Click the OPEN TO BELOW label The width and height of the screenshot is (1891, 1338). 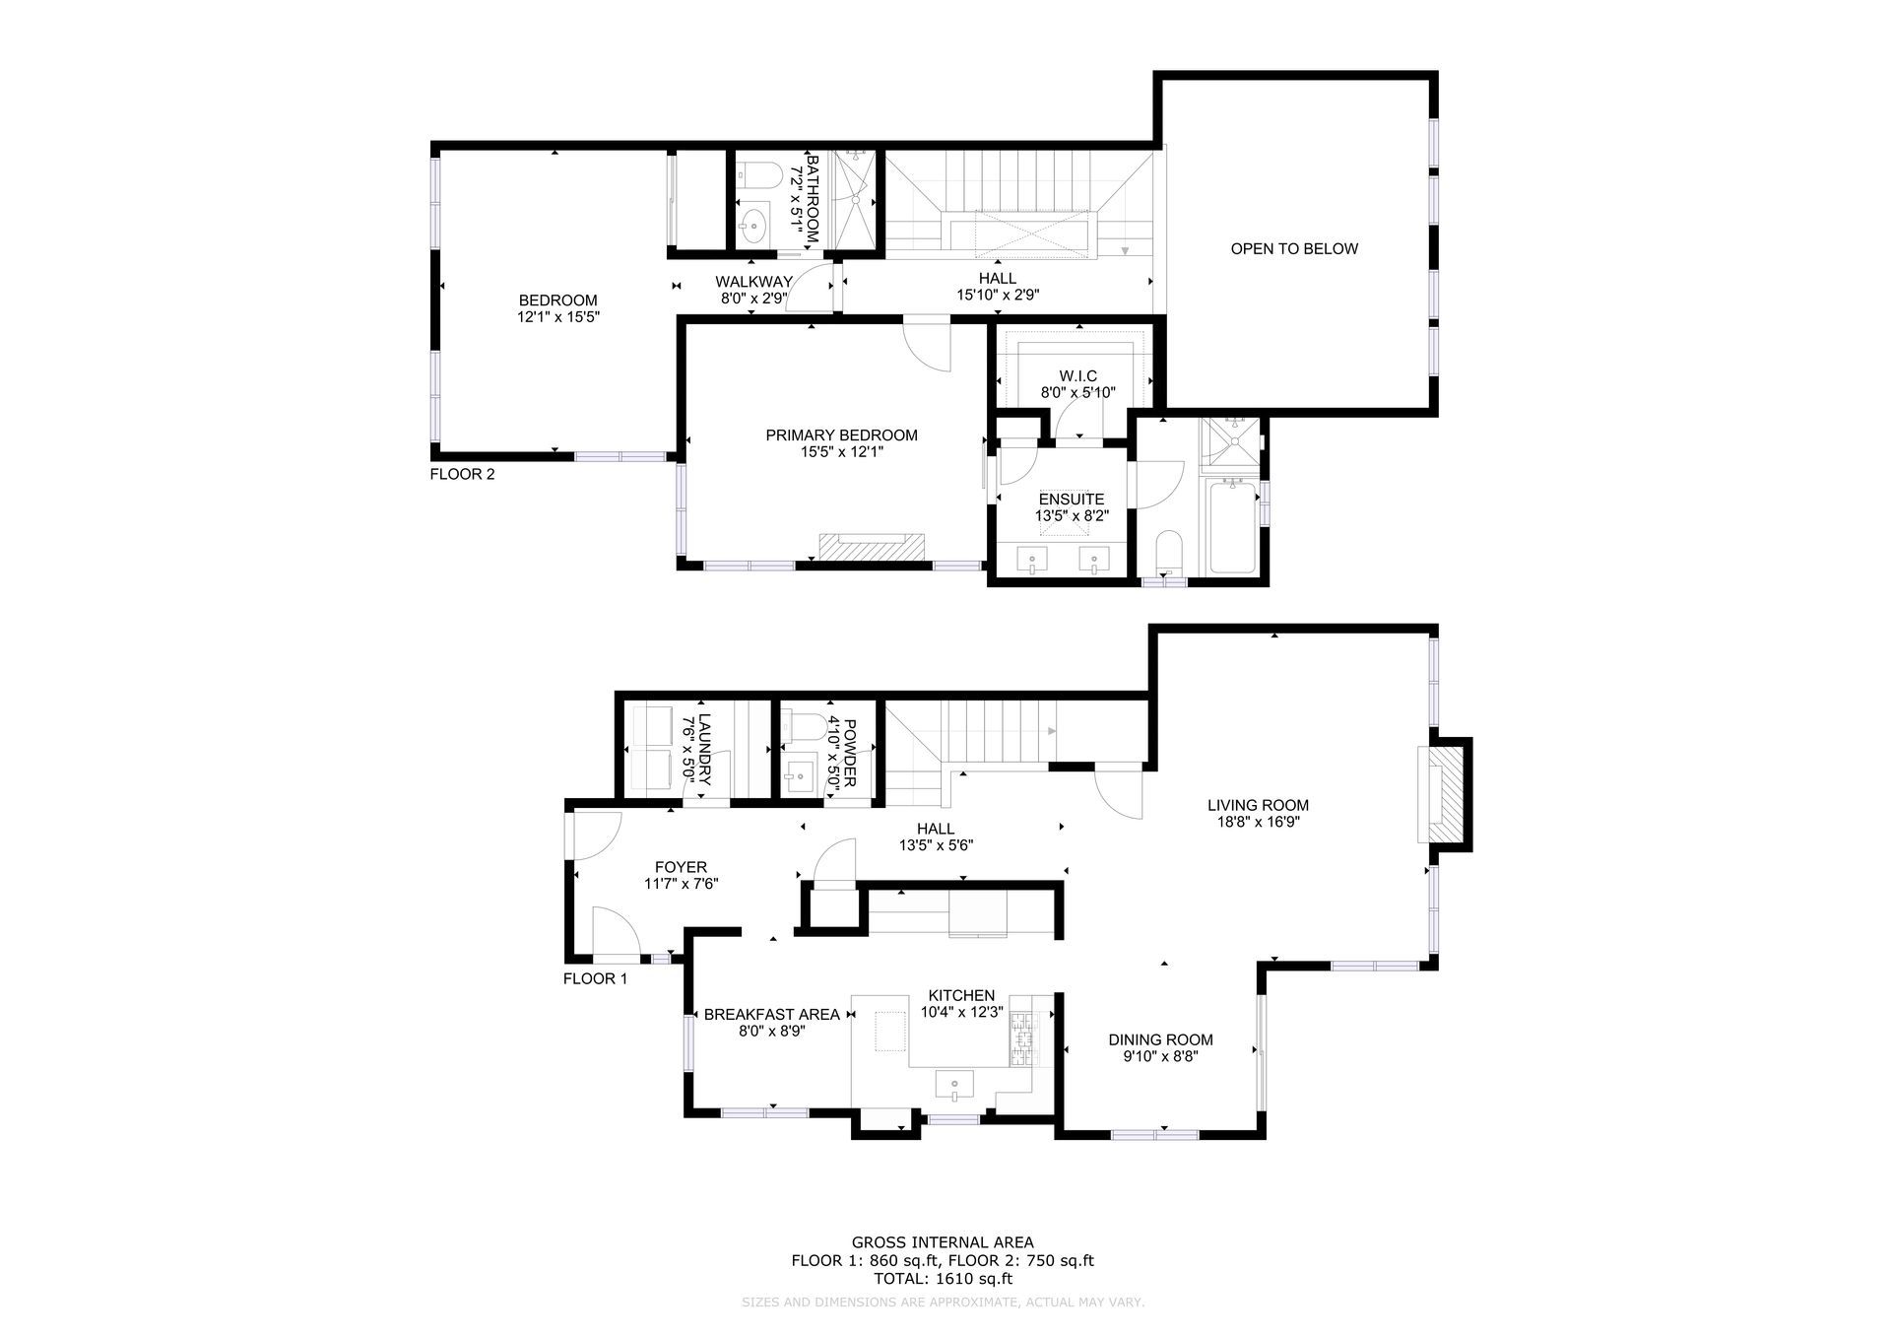(x=1294, y=249)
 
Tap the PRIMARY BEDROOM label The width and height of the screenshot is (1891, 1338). (x=842, y=435)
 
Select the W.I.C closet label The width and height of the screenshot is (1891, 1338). (x=1078, y=376)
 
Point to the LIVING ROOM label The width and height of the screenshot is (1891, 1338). (x=1258, y=805)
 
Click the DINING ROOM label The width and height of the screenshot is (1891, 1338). (x=1160, y=1039)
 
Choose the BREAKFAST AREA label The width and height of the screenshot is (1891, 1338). (x=772, y=1015)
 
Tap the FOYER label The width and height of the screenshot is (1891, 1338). (x=681, y=867)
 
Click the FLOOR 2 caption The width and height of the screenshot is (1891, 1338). (x=463, y=474)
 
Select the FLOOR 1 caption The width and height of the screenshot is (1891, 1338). (x=595, y=979)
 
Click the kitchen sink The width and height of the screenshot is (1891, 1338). (x=953, y=1087)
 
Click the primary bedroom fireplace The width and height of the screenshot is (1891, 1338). (x=873, y=546)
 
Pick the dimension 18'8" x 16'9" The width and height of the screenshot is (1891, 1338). (x=1258, y=822)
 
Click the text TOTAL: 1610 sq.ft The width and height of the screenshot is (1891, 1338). (x=944, y=1279)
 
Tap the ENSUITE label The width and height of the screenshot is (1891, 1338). (x=1071, y=500)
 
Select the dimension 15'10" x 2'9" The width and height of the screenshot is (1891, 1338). (x=999, y=295)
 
